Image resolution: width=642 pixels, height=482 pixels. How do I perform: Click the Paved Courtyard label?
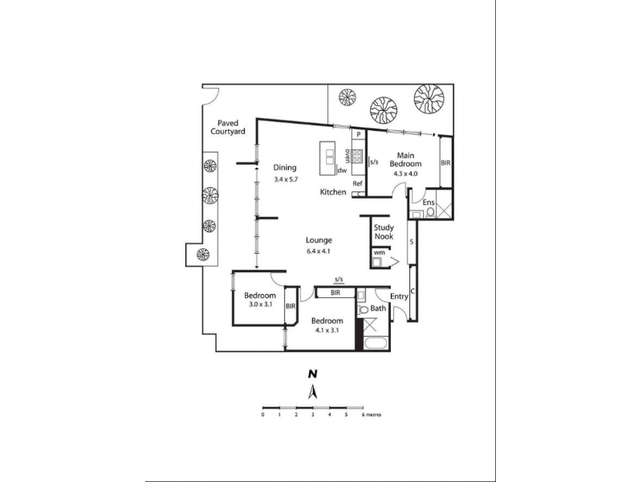click(228, 128)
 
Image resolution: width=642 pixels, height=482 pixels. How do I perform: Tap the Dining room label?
click(285, 167)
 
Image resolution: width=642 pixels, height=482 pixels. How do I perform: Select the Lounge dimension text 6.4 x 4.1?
click(318, 251)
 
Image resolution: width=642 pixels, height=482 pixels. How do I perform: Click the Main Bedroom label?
click(405, 159)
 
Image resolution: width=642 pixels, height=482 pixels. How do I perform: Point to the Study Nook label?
click(384, 232)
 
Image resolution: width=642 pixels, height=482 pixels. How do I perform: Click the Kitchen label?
click(333, 192)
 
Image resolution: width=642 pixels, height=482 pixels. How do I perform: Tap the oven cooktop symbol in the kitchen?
click(357, 157)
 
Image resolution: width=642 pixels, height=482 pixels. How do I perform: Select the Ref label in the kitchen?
click(357, 184)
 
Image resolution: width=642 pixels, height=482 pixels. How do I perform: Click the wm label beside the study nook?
click(379, 252)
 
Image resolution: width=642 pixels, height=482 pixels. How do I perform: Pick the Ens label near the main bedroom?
click(429, 202)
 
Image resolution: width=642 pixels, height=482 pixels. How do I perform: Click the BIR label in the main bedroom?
click(445, 163)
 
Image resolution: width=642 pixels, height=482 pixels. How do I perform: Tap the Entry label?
click(399, 296)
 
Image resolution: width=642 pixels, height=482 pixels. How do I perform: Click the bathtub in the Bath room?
click(376, 343)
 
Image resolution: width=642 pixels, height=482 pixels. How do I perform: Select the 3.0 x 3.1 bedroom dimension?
click(260, 304)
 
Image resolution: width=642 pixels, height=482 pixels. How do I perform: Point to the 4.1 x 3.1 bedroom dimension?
click(327, 330)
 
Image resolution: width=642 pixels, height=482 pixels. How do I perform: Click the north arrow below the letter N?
click(313, 392)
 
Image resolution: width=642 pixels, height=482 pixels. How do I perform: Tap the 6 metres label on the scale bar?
click(372, 415)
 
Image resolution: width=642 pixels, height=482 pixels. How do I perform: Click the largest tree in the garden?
click(429, 99)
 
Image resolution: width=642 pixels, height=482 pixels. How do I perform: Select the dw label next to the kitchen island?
click(342, 170)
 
